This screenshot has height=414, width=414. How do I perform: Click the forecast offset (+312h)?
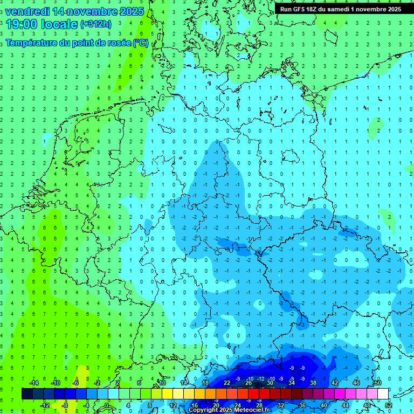pos(96,24)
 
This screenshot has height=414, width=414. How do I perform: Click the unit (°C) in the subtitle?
pos(141,43)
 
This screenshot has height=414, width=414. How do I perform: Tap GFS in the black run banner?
pos(302,9)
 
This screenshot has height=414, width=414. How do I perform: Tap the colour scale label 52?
pos(388,405)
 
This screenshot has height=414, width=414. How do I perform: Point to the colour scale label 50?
pos(377,383)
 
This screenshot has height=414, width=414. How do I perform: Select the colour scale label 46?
pos(356,383)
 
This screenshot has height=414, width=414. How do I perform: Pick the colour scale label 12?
pos(173,405)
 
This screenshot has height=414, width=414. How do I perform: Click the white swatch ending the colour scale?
pos(383,394)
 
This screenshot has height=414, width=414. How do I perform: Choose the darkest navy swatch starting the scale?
pos(27,394)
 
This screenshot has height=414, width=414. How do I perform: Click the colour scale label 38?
pos(313,383)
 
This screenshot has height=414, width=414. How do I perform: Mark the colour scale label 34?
pos(291,383)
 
